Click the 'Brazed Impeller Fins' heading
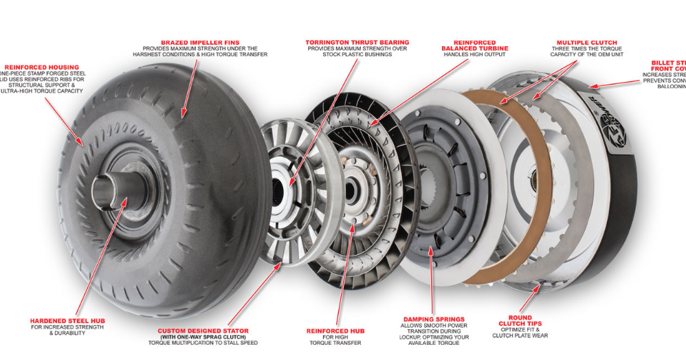click(x=200, y=42)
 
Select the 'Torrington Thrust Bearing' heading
click(x=357, y=43)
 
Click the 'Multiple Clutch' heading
click(x=586, y=43)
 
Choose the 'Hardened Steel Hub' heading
click(x=67, y=321)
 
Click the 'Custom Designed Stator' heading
click(x=203, y=330)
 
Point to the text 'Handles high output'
click(x=475, y=56)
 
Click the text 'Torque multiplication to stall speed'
click(x=203, y=343)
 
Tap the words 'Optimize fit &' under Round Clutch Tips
click(x=520, y=330)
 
